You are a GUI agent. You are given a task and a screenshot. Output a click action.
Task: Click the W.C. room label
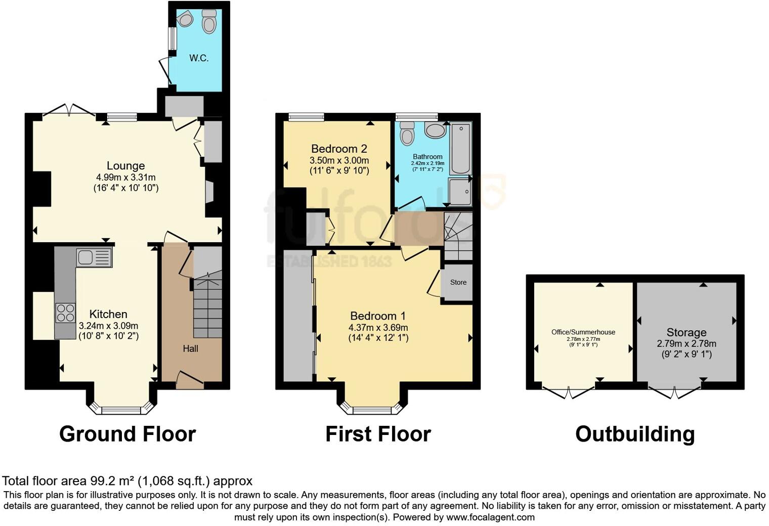199,58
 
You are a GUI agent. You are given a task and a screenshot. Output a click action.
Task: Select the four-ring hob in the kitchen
65,313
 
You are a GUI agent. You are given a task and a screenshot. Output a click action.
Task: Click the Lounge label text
125,166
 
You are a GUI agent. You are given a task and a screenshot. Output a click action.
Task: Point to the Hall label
190,348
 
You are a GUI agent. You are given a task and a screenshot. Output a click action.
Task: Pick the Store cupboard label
458,282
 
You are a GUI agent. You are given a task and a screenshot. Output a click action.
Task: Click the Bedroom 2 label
339,149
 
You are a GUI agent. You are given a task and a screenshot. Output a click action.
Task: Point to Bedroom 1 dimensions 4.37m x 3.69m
378,327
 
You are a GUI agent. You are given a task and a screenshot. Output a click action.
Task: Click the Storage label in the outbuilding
686,332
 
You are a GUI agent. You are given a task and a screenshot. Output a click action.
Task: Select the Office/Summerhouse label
583,332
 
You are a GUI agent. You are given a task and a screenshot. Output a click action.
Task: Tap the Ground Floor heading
127,434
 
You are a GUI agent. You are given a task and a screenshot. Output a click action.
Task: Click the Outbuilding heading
635,434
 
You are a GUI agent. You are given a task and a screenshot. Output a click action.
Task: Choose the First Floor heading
378,434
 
